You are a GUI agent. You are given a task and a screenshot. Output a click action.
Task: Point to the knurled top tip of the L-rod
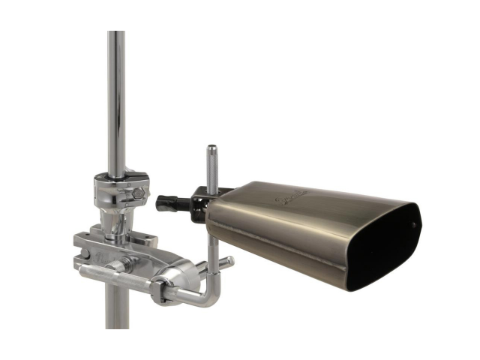pyautogui.click(x=211, y=151)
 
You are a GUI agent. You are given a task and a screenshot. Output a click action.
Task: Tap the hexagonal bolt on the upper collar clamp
pyautogui.click(x=139, y=194)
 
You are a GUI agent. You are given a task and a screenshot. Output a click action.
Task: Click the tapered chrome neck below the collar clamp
pyautogui.click(x=116, y=222)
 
